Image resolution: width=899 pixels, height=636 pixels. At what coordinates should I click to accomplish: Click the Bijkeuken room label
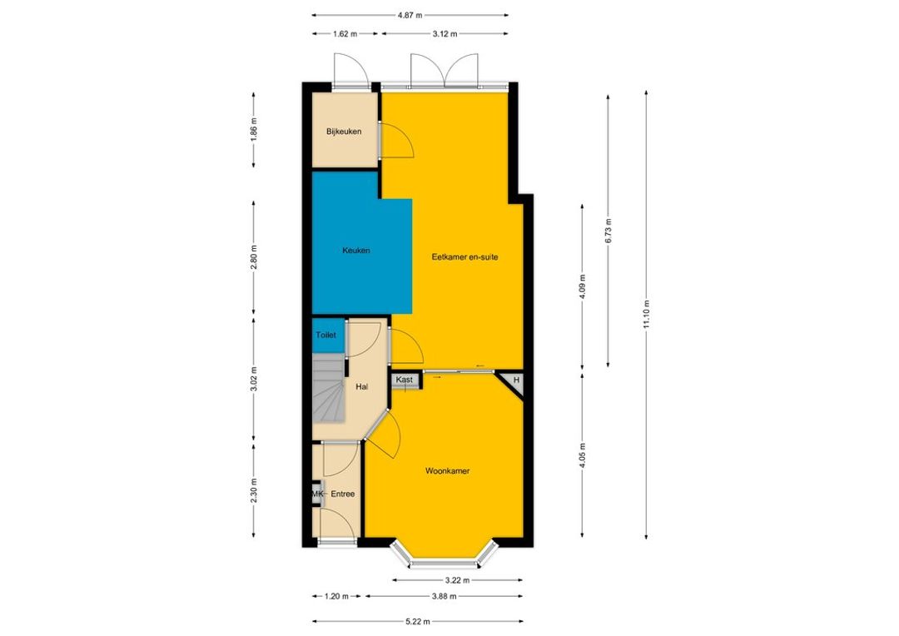[344, 132]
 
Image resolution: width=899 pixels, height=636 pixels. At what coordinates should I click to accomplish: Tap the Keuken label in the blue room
[356, 251]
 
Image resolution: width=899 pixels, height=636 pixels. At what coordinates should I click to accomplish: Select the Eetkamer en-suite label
[465, 257]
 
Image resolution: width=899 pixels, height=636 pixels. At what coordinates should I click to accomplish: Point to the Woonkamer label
[447, 471]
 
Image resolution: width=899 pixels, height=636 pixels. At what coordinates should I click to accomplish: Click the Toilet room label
[325, 335]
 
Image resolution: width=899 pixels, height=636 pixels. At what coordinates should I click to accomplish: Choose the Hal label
[362, 387]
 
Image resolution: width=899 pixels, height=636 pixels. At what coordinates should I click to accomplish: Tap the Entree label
[343, 494]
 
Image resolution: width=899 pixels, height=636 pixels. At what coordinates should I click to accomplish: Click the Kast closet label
[405, 380]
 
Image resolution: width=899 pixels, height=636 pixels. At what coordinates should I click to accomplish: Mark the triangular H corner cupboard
[514, 382]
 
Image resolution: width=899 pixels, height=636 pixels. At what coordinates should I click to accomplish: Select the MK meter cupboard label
[318, 494]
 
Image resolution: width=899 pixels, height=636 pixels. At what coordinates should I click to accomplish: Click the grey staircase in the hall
[328, 388]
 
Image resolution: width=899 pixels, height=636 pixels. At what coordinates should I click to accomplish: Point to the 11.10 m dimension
[646, 315]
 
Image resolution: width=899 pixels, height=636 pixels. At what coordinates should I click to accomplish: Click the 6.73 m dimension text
[608, 231]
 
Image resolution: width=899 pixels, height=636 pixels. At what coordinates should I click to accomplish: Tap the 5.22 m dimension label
[417, 621]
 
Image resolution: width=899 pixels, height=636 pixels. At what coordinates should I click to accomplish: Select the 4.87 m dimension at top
[410, 16]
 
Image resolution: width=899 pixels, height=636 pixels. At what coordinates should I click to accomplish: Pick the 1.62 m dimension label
[345, 34]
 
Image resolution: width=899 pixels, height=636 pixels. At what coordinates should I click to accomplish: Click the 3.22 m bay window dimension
[458, 580]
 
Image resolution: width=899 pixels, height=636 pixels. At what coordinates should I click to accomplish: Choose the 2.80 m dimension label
[254, 257]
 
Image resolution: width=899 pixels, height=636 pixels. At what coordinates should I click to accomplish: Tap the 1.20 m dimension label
[336, 596]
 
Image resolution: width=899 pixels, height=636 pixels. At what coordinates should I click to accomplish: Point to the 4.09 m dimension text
[583, 287]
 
